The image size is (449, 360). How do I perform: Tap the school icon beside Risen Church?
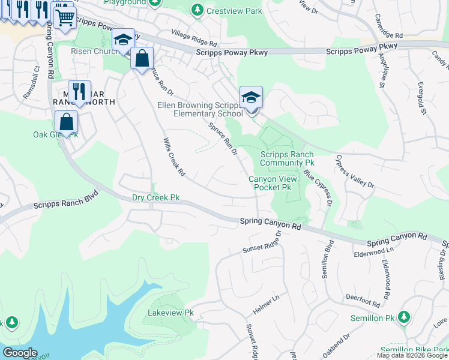123,40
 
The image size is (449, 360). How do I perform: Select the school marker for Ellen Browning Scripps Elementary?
251,97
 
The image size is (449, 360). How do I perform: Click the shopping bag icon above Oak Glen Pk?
66,121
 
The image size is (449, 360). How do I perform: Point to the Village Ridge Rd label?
193,37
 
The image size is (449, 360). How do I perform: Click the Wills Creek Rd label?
173,158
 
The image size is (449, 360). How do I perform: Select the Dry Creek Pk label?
155,197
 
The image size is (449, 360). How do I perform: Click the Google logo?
19,353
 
